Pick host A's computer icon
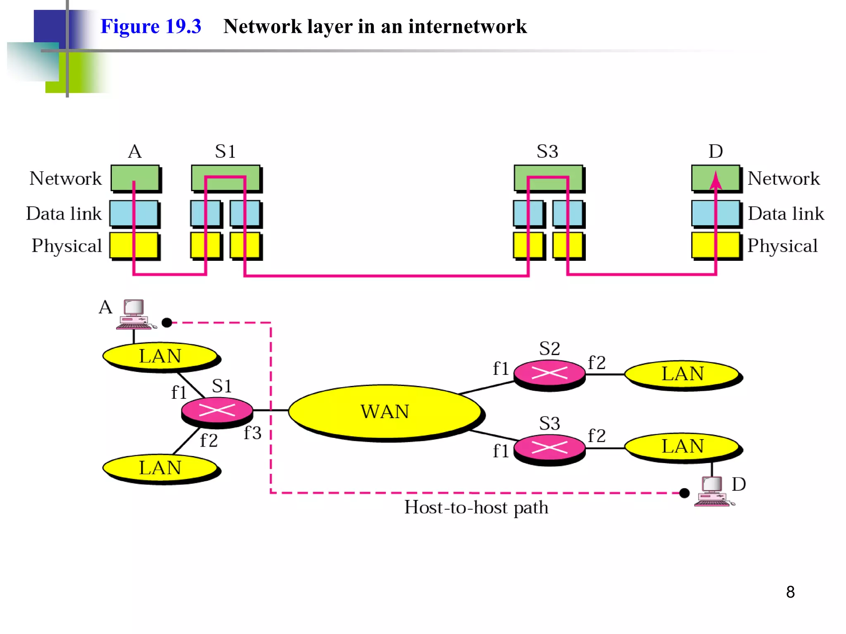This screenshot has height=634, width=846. pos(134,315)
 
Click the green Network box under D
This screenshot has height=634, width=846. pos(715,178)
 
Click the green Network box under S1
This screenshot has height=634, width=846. pos(226,178)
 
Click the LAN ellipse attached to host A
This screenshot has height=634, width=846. pos(160,356)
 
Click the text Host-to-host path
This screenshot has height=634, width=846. pos(476,507)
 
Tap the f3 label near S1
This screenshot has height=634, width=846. pos(252,433)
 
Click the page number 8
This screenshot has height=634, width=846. pos(790,592)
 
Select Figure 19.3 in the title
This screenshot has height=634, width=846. pos(151,26)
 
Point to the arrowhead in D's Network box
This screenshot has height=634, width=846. pos(715,180)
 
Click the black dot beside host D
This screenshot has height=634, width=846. pos(684,493)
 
